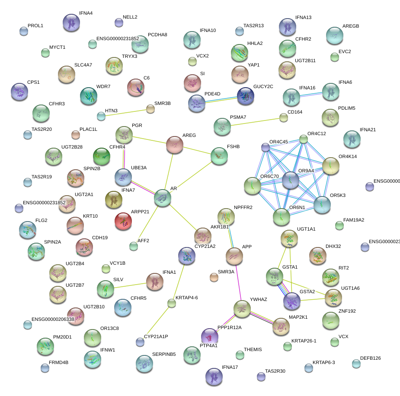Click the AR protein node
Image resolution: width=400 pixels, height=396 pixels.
(163, 197)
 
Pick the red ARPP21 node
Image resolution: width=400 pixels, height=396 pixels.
(123, 221)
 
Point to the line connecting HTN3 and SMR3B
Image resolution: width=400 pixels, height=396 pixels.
(125, 112)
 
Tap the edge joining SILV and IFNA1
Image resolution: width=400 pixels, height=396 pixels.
(130, 285)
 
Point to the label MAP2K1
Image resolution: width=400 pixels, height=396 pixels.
(298, 317)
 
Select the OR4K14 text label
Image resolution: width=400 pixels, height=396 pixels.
(348, 156)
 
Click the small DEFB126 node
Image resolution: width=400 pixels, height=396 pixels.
(356, 364)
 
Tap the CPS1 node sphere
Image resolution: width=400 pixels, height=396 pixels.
(19, 92)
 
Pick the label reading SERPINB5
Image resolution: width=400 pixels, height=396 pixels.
(164, 354)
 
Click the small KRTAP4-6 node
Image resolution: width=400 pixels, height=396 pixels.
(172, 303)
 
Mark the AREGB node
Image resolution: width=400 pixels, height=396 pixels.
(334, 35)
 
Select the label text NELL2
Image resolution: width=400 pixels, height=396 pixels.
(130, 17)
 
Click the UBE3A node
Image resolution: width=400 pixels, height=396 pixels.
(123, 177)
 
